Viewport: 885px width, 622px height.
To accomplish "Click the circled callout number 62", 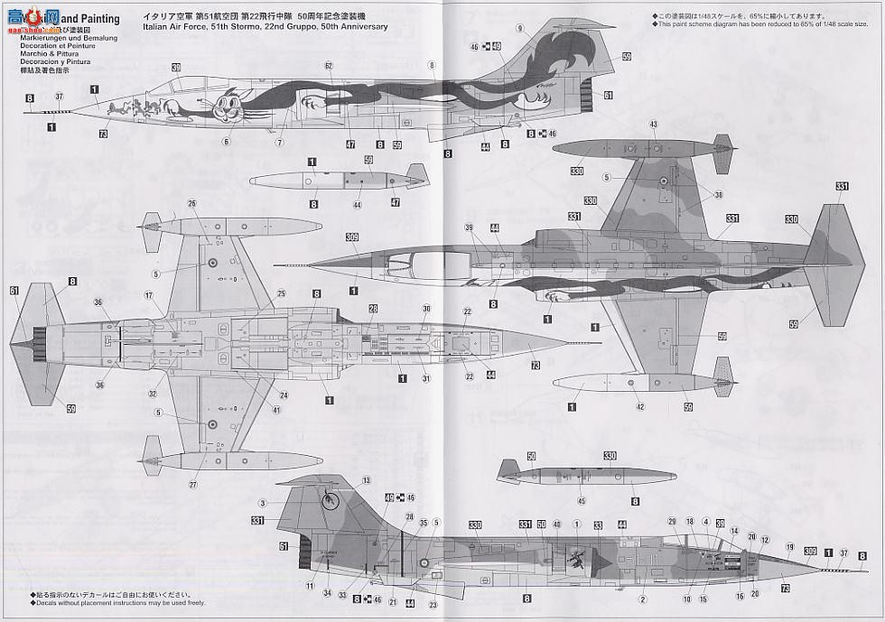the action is (x=329, y=66).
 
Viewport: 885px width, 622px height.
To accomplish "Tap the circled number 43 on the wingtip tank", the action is (x=653, y=125).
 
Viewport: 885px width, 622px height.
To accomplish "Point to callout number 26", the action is (x=191, y=203).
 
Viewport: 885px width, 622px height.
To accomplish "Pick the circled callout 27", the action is (x=191, y=485).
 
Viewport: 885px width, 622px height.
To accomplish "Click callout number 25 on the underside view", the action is (x=281, y=293).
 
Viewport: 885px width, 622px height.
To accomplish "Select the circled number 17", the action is (x=148, y=294).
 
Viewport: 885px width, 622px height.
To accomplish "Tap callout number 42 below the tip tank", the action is (x=639, y=407).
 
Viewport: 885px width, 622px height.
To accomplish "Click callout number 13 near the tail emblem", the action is (x=367, y=480).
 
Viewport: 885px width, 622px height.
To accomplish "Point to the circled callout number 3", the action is (x=261, y=503).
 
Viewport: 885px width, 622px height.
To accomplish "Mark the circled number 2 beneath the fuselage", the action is (x=644, y=599).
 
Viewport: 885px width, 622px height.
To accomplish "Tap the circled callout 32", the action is (x=154, y=394).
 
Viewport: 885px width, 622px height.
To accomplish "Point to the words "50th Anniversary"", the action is (x=355, y=27).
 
